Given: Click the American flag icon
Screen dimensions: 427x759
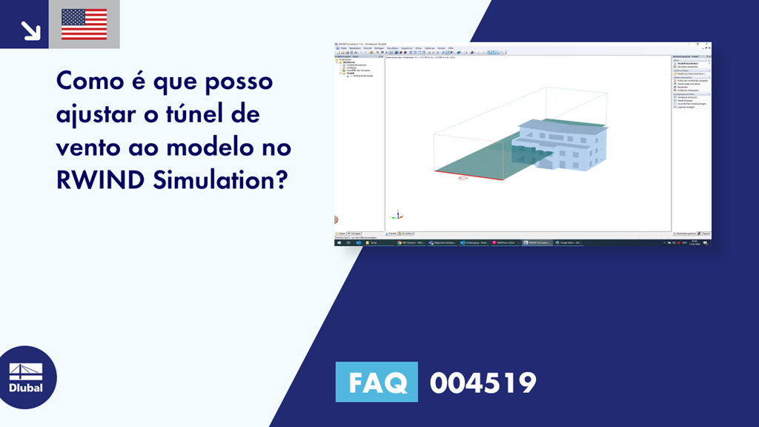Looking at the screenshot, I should click(84, 24).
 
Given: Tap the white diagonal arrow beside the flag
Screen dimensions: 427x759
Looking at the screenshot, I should click(30, 30).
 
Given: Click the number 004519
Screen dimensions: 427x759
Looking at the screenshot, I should click(483, 383).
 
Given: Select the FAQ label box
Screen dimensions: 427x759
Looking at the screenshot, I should click(377, 383).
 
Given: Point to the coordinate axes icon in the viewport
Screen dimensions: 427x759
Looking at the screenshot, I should click(397, 215).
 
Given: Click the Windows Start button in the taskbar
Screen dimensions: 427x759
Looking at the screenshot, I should click(339, 242).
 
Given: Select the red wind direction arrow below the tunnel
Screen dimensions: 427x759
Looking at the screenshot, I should click(465, 179).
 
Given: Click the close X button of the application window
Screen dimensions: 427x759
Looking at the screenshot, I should click(708, 44).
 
